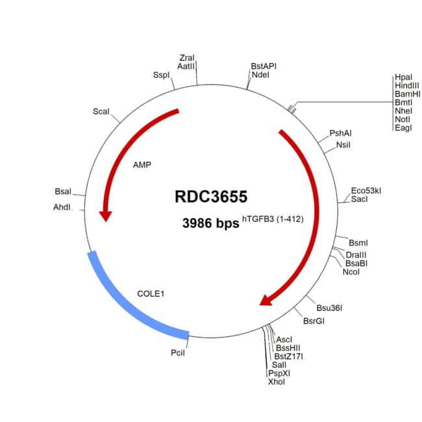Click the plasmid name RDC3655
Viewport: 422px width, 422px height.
tap(211, 196)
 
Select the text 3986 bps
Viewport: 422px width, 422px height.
tap(210, 223)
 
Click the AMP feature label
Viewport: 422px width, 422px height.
tap(142, 165)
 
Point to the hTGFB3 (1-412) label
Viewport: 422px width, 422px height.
tap(273, 219)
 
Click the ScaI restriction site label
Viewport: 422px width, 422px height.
tap(101, 112)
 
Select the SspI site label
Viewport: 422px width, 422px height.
tap(161, 75)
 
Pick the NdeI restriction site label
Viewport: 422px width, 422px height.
tap(260, 75)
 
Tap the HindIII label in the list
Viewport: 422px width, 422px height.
tap(406, 86)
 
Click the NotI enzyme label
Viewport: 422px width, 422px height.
tap(402, 119)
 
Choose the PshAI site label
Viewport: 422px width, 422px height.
tap(340, 133)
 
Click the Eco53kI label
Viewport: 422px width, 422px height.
tap(366, 190)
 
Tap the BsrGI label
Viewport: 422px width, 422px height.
tap(314, 321)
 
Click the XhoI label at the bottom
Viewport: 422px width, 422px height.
tap(276, 382)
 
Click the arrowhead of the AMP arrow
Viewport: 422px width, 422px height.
tap(103, 214)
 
